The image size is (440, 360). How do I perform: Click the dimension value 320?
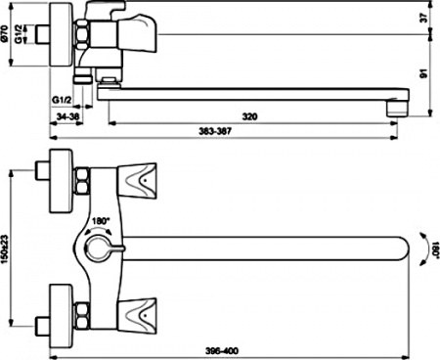[249, 115]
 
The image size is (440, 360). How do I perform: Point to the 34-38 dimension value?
[67, 115]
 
